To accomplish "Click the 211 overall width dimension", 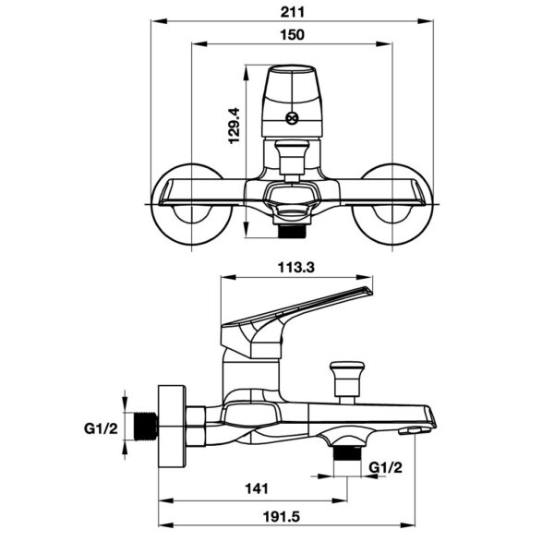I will tap(291, 12).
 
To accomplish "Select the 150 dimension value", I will tap(291, 35).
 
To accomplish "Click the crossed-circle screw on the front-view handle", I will tap(292, 118).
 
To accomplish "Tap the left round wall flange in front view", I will tap(192, 204).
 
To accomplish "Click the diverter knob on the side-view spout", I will tap(349, 376).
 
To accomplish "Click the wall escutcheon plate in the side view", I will tap(173, 426).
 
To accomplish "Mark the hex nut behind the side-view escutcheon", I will tap(197, 425).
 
